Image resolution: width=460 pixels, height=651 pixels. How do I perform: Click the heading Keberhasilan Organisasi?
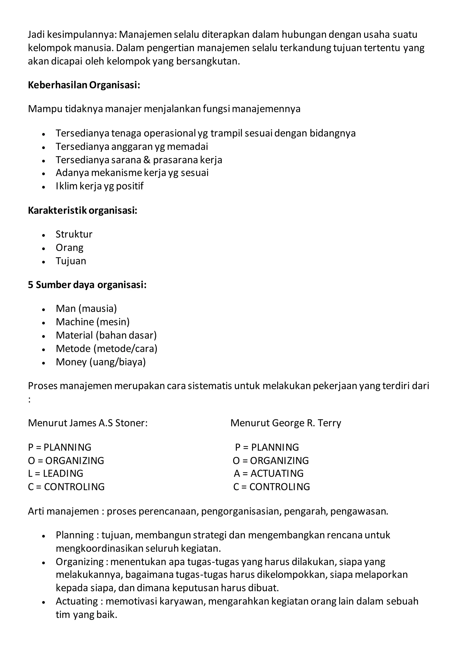pyautogui.click(x=84, y=85)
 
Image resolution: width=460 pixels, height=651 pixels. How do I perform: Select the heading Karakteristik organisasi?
pyautogui.click(x=82, y=211)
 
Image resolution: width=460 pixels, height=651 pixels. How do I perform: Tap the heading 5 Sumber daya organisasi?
pyautogui.click(x=87, y=285)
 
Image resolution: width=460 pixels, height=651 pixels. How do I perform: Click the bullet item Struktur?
pyautogui.click(x=74, y=234)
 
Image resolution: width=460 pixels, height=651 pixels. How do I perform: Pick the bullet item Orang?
pyautogui.click(x=69, y=248)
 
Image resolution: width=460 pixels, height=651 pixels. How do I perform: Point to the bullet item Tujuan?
pyautogui.click(x=71, y=261)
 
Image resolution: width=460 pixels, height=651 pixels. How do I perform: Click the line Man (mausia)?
pyautogui.click(x=86, y=309)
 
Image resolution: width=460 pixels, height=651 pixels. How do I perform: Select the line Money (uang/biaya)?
pyautogui.click(x=101, y=362)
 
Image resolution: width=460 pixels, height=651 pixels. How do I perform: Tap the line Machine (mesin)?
pyautogui.click(x=93, y=322)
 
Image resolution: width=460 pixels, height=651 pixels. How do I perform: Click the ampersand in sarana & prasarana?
pyautogui.click(x=147, y=160)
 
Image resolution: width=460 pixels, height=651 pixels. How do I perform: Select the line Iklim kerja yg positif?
pyautogui.click(x=100, y=186)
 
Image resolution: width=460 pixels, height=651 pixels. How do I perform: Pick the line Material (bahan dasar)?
pyautogui.click(x=106, y=335)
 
